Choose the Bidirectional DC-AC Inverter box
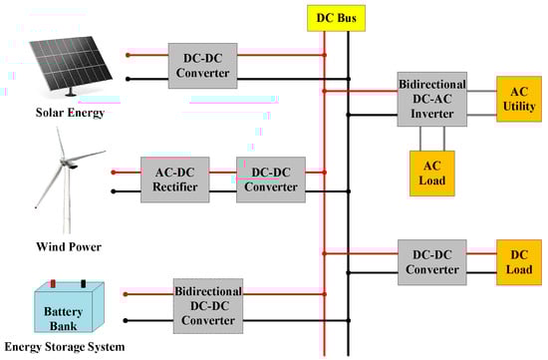click(x=431, y=98)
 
